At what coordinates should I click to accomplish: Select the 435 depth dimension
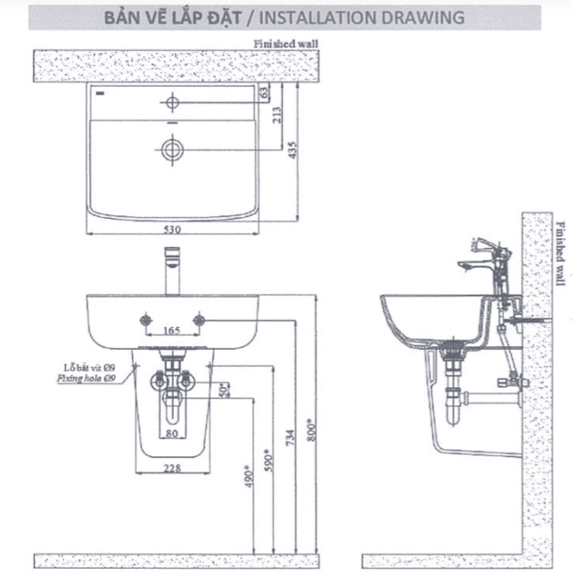pyautogui.click(x=292, y=152)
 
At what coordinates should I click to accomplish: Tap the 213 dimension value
pyautogui.click(x=276, y=115)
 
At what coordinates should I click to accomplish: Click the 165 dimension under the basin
pyautogui.click(x=172, y=332)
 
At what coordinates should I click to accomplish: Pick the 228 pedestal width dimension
pyautogui.click(x=172, y=468)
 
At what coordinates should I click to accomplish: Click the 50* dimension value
pyautogui.click(x=223, y=390)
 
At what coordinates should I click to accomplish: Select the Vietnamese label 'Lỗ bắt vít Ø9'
pyautogui.click(x=88, y=367)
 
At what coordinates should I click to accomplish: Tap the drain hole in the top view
pyautogui.click(x=172, y=149)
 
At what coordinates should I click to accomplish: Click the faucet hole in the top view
pyautogui.click(x=172, y=101)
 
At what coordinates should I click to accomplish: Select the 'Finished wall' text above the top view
pyautogui.click(x=285, y=44)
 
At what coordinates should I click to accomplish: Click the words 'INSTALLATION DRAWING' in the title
pyautogui.click(x=371, y=17)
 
